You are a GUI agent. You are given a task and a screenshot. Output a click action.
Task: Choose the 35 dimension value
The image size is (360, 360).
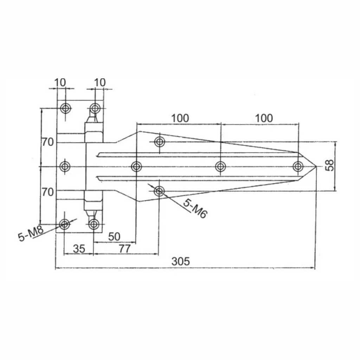click(79, 249)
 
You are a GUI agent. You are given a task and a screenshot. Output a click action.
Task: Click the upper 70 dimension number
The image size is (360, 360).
click(47, 142)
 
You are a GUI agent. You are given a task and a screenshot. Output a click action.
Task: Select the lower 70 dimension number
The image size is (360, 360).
click(47, 192)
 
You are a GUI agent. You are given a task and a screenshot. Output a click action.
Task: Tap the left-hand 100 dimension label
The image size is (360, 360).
click(180, 118)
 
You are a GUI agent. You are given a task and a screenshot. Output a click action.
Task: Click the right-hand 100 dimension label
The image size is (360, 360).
click(264, 118)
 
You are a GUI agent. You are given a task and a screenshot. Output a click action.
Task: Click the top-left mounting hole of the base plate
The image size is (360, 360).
click(65, 108)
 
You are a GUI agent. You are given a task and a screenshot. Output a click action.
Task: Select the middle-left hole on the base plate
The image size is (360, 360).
click(65, 166)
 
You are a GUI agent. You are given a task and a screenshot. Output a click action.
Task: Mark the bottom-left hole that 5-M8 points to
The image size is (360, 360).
click(64, 224)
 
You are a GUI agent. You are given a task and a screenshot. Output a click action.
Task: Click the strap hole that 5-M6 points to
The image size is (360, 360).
click(159, 191)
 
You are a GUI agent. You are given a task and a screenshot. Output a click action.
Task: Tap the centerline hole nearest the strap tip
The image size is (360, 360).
click(298, 166)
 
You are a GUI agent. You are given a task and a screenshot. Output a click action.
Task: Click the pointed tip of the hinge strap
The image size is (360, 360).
click(316, 166)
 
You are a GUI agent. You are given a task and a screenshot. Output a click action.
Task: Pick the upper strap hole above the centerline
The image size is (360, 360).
click(160, 142)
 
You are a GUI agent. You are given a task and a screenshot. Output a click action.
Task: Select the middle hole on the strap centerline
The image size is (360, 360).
click(220, 166)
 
